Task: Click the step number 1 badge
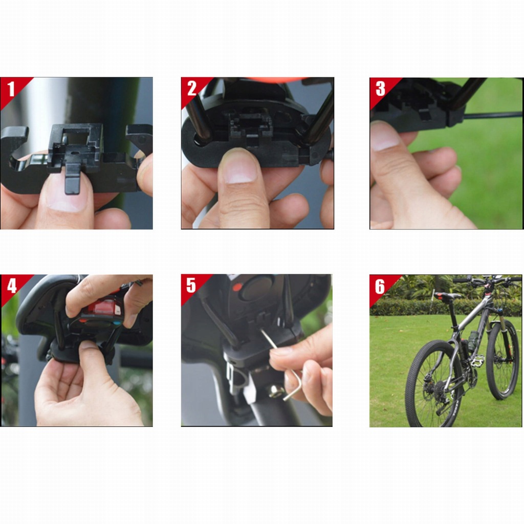click(11, 89)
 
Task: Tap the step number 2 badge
click(192, 89)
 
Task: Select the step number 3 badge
click(381, 89)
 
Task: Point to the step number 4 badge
click(12, 286)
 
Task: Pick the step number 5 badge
click(191, 286)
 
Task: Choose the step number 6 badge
click(380, 287)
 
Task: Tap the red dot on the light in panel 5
click(237, 287)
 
